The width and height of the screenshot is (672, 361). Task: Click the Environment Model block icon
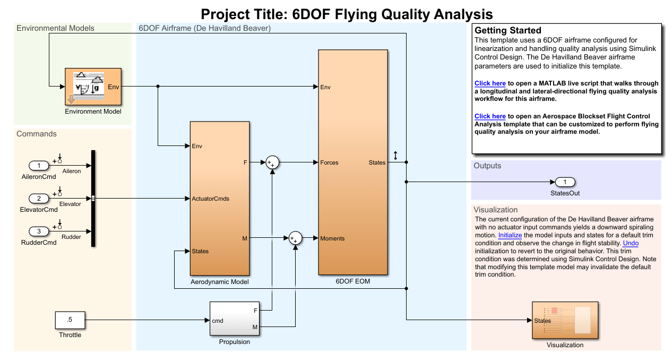tap(93, 87)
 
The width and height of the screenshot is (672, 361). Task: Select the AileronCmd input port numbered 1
tap(39, 166)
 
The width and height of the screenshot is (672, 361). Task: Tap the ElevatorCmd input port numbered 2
tap(39, 199)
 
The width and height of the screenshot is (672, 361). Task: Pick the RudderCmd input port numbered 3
tap(39, 231)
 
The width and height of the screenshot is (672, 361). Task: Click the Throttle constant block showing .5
tap(70, 321)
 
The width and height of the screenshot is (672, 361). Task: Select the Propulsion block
tap(234, 319)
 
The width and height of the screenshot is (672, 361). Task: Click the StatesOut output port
tap(565, 182)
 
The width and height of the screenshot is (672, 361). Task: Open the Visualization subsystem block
tap(565, 320)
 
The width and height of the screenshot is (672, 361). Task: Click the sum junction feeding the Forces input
tap(272, 162)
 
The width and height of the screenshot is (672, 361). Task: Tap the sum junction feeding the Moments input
tap(295, 238)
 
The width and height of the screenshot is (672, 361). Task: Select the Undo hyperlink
tap(631, 243)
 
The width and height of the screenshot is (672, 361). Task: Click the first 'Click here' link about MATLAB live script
tap(490, 83)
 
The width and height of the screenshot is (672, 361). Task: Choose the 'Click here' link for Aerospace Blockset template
tap(490, 116)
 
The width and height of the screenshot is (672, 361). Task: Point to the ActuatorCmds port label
tap(210, 199)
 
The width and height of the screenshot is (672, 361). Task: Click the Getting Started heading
tap(507, 30)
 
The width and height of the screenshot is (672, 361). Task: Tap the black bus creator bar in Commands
tap(93, 199)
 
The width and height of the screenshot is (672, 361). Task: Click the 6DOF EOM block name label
tap(353, 281)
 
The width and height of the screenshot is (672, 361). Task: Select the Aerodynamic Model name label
tap(220, 282)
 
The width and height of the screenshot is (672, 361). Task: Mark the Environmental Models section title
tap(55, 28)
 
